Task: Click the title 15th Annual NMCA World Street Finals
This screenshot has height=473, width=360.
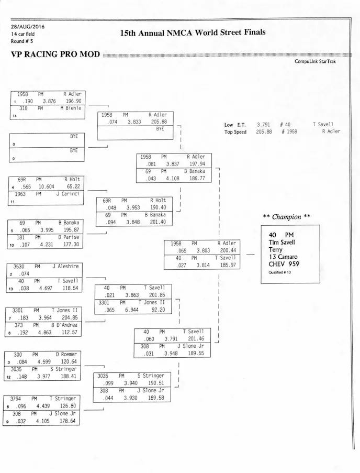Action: tap(193, 32)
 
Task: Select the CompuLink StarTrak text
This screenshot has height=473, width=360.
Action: tap(315, 61)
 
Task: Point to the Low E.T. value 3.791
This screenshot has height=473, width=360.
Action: tap(263, 124)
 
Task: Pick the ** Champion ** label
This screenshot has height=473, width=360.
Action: tap(286, 217)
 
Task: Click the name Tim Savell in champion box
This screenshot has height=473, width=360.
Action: tap(282, 242)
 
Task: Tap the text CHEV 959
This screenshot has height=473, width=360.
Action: tap(284, 263)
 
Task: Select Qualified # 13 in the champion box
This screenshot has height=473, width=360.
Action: tap(279, 272)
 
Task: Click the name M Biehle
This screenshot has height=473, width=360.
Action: tap(71, 108)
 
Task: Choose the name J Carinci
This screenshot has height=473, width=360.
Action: tap(68, 194)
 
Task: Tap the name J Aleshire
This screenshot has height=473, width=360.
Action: tap(65, 267)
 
